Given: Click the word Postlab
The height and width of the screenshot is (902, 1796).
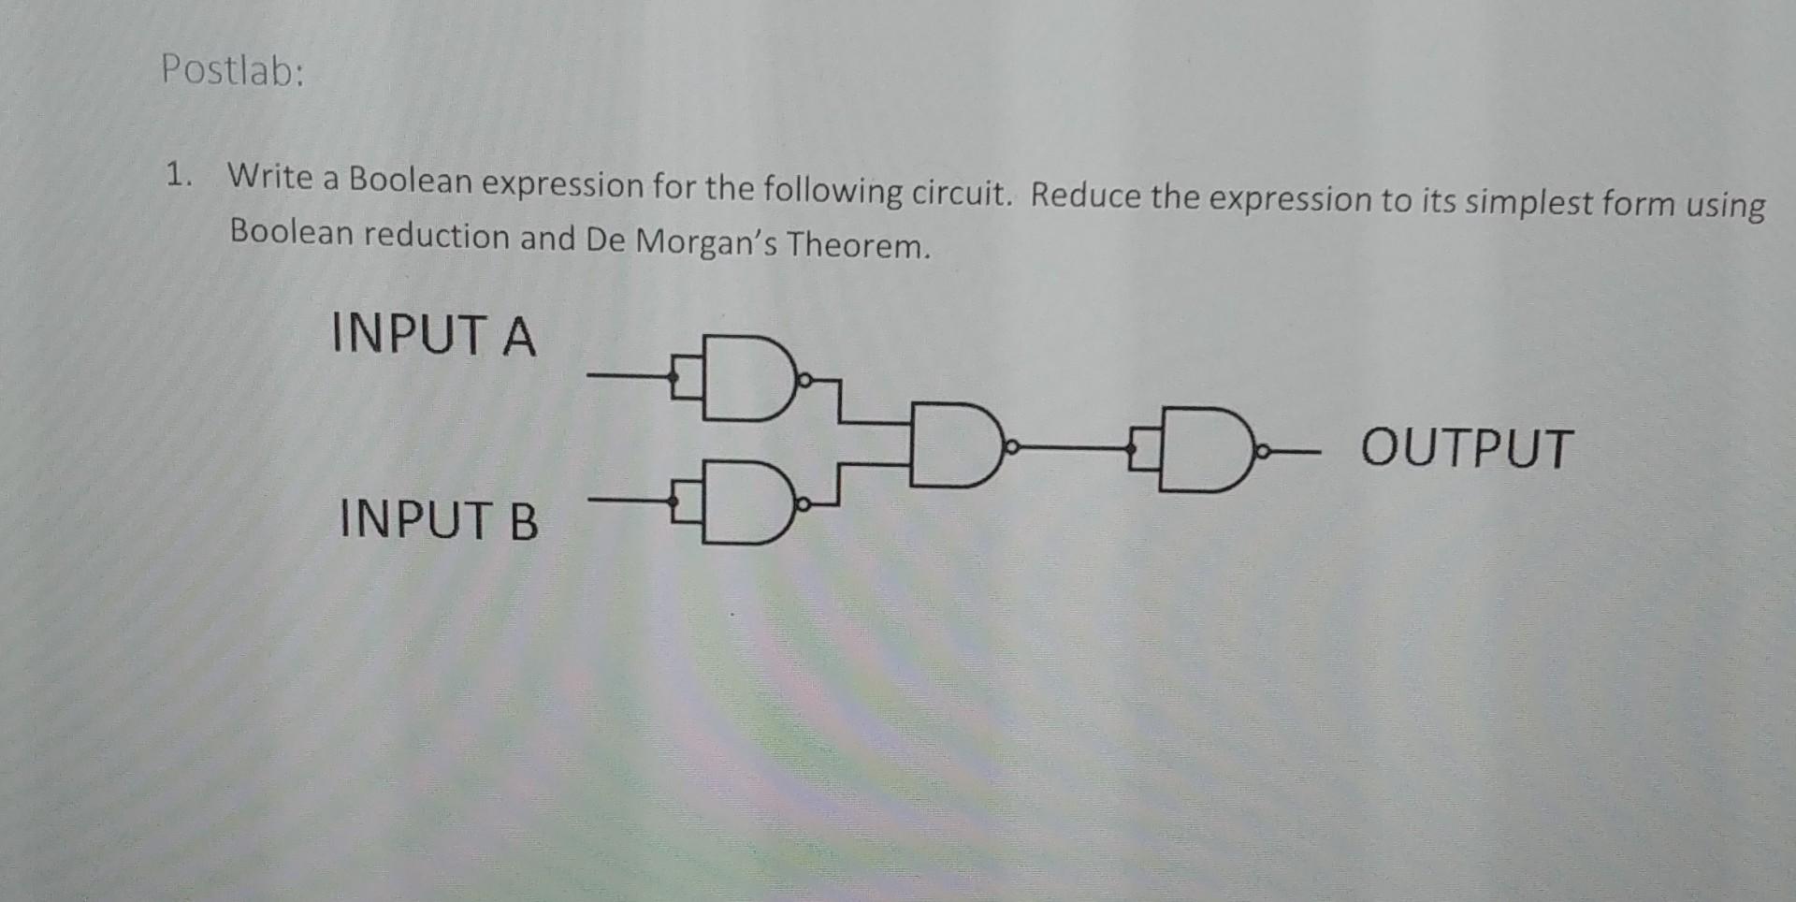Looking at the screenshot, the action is pos(232,70).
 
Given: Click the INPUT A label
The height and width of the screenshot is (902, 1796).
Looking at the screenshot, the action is pos(434,335).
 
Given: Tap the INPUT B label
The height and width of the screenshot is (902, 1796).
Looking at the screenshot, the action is pos(439,520).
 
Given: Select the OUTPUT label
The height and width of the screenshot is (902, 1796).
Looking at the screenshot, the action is pos(1467,448).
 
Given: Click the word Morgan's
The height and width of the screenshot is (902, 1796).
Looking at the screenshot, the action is pos(706,242).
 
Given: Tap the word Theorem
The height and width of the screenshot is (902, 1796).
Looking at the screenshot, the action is pos(858,245).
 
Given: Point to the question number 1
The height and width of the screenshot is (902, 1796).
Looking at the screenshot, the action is pos(176,174).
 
